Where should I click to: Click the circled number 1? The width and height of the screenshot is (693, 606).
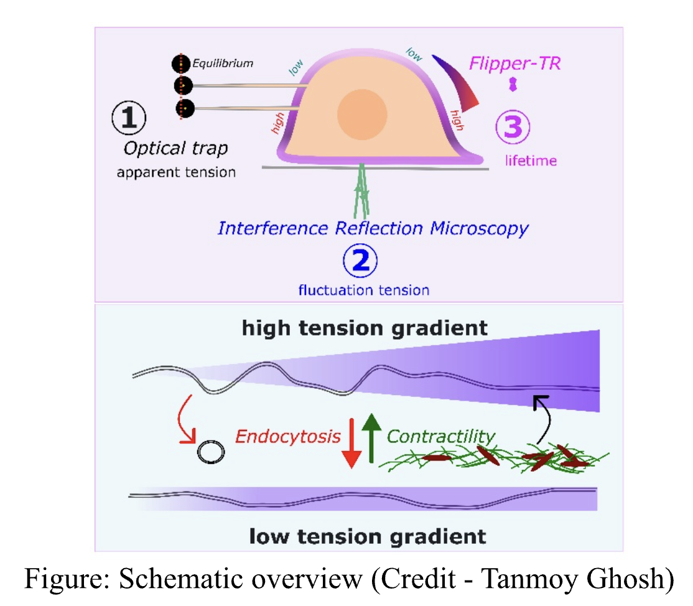coord(129,118)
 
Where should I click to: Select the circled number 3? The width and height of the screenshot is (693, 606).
coord(512,127)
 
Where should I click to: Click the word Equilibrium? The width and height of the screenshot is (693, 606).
coord(223,63)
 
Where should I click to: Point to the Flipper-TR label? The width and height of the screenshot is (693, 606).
coord(514,63)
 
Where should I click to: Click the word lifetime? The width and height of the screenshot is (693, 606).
coord(530,161)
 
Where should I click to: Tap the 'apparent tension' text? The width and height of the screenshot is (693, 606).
coord(177,172)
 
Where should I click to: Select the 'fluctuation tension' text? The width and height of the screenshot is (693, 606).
coord(364,290)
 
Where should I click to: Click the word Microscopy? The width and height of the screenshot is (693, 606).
coord(479,228)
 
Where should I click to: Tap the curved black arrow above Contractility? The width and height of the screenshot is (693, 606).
coord(539,416)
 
